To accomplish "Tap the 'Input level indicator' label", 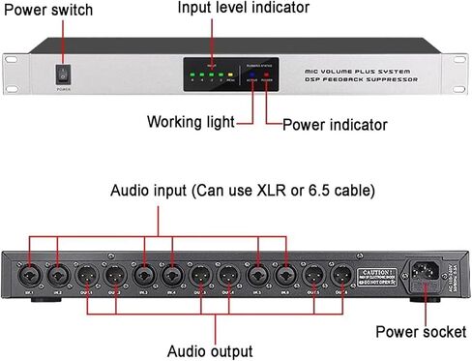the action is pyautogui.click(x=243, y=8).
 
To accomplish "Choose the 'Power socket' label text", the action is pyautogui.click(x=421, y=332).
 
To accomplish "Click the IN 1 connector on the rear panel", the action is pyautogui.click(x=31, y=275).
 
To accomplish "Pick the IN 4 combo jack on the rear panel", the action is pyautogui.click(x=172, y=275).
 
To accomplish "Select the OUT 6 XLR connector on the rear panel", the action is pyautogui.click(x=340, y=275).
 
